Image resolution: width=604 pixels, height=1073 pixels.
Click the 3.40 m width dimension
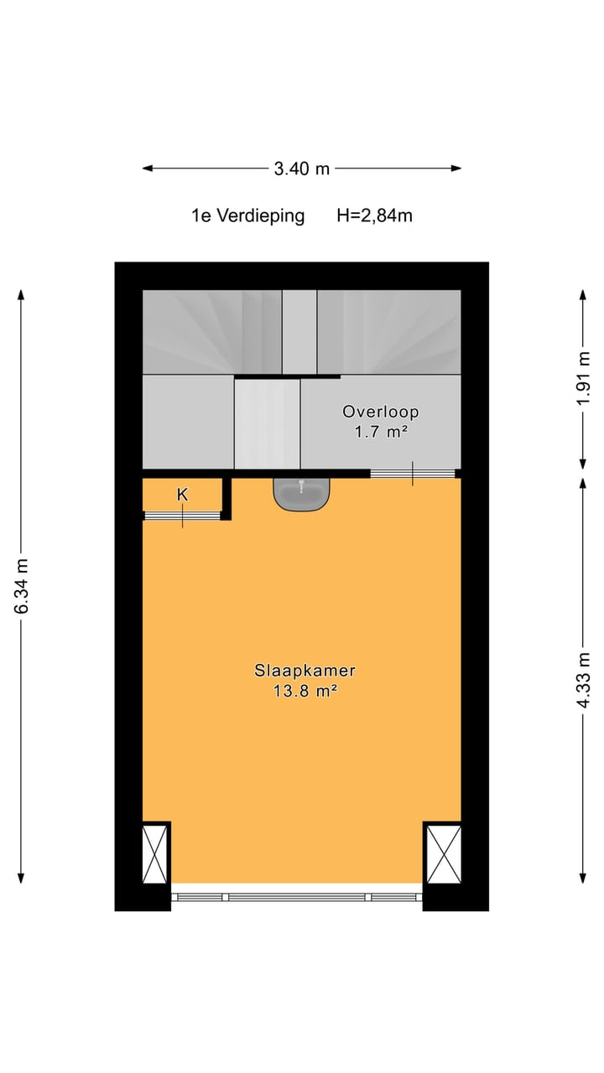(x=302, y=168)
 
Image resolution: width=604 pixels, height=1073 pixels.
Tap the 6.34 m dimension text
(x=21, y=585)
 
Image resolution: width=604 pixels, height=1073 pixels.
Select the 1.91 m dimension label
(x=584, y=379)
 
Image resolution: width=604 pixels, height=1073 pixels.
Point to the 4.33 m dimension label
(x=584, y=680)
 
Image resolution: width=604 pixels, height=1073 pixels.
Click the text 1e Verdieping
(x=247, y=215)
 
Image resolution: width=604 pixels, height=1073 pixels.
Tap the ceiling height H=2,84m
(x=374, y=215)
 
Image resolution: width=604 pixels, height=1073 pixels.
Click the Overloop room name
(x=380, y=412)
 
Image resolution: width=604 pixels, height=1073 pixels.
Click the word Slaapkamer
(x=305, y=671)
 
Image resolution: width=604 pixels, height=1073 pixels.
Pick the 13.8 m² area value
(x=305, y=692)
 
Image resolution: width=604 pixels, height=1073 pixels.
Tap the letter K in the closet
(x=182, y=495)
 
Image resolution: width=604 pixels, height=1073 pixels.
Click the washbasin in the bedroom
(x=302, y=493)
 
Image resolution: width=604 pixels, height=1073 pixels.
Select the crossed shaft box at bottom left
(x=155, y=853)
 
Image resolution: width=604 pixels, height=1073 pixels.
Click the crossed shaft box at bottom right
(x=444, y=853)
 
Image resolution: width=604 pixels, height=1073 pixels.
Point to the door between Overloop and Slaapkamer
(x=413, y=474)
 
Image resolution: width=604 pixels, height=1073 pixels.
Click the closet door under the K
(x=182, y=516)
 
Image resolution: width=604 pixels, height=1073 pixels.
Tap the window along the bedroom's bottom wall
(x=297, y=897)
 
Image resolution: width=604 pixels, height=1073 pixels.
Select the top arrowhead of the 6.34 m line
(x=21, y=294)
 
